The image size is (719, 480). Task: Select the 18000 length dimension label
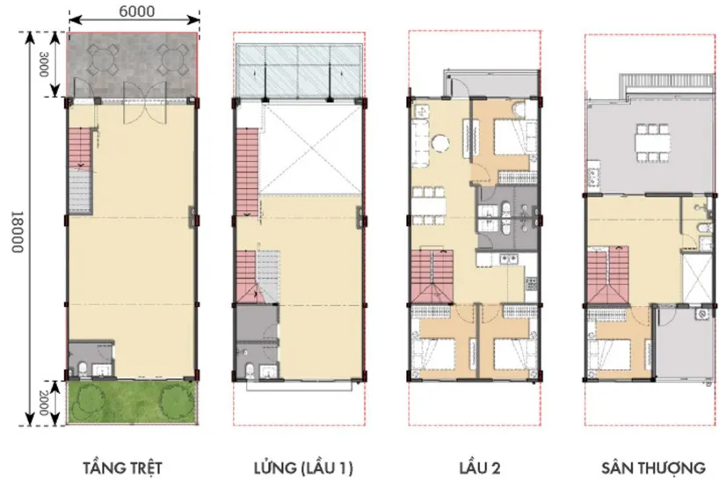pyautogui.click(x=16, y=231)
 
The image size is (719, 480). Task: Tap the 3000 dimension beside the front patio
pyautogui.click(x=43, y=64)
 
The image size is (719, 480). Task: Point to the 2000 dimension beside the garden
pyautogui.click(x=43, y=403)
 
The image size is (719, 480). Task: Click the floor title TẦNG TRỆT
pyautogui.click(x=122, y=468)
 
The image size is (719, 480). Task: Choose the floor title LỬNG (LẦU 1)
pyautogui.click(x=303, y=468)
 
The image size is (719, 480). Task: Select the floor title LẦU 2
pyautogui.click(x=480, y=468)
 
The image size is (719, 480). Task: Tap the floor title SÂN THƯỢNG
pyautogui.click(x=653, y=468)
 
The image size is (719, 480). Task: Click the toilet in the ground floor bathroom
pyautogui.click(x=83, y=369)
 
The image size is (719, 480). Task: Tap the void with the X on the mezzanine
pyautogui.click(x=310, y=148)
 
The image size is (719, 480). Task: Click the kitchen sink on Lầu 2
pyautogui.click(x=508, y=259)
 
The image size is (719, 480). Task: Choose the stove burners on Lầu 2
pyautogui.click(x=532, y=284)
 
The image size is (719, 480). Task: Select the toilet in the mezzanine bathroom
pyautogui.click(x=250, y=370)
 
